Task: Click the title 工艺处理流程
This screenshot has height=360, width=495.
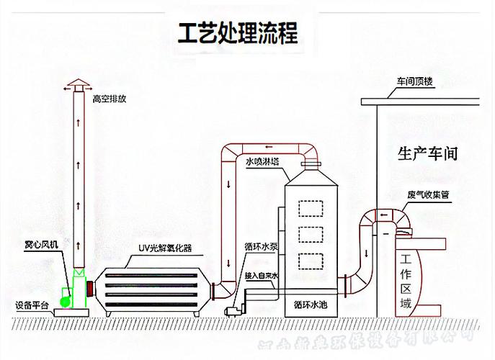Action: point(238,32)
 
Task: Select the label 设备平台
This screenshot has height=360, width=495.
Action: point(31,305)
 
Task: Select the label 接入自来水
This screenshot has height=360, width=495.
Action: point(261,276)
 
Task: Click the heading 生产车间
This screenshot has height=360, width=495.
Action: point(428,153)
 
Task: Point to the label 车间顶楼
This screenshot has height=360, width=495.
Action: point(414,82)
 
